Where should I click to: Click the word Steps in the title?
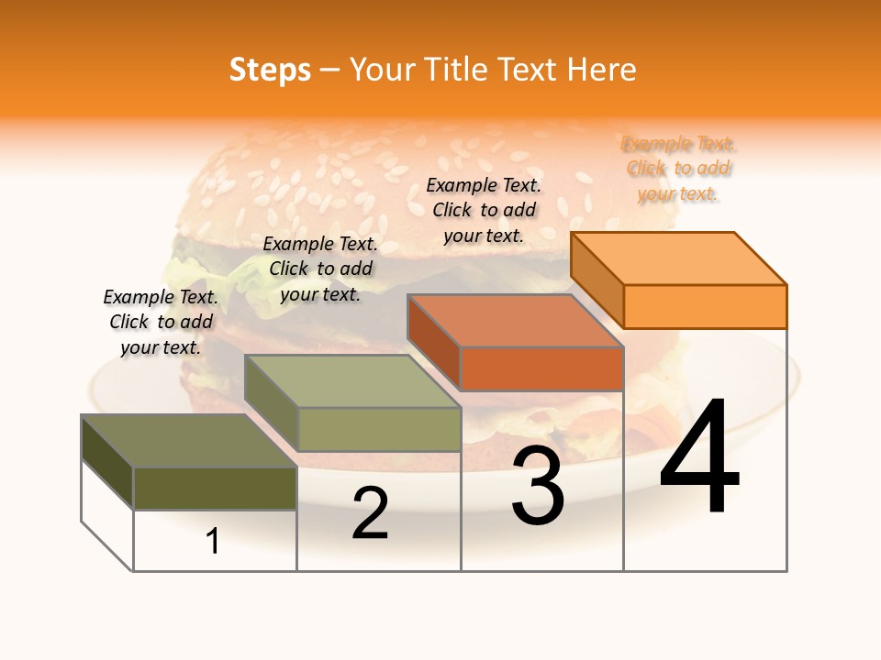tap(270, 70)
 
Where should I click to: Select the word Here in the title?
tap(602, 70)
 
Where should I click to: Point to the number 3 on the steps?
tap(538, 486)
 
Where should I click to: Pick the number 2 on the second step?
tap(371, 513)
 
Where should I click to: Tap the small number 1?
tap(213, 542)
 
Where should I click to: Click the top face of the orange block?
tap(679, 258)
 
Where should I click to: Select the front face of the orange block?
tap(705, 306)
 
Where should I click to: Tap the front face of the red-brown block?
tap(541, 369)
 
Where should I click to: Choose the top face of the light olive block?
tap(352, 381)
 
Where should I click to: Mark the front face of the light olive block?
tap(379, 429)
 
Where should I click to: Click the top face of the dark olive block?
tap(189, 441)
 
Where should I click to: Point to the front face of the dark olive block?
tap(215, 489)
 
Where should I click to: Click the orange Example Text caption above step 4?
tap(678, 169)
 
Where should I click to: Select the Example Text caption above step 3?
tap(484, 210)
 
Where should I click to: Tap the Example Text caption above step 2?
tap(320, 269)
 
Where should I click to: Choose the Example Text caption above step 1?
tap(161, 322)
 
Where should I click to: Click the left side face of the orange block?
tap(597, 279)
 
